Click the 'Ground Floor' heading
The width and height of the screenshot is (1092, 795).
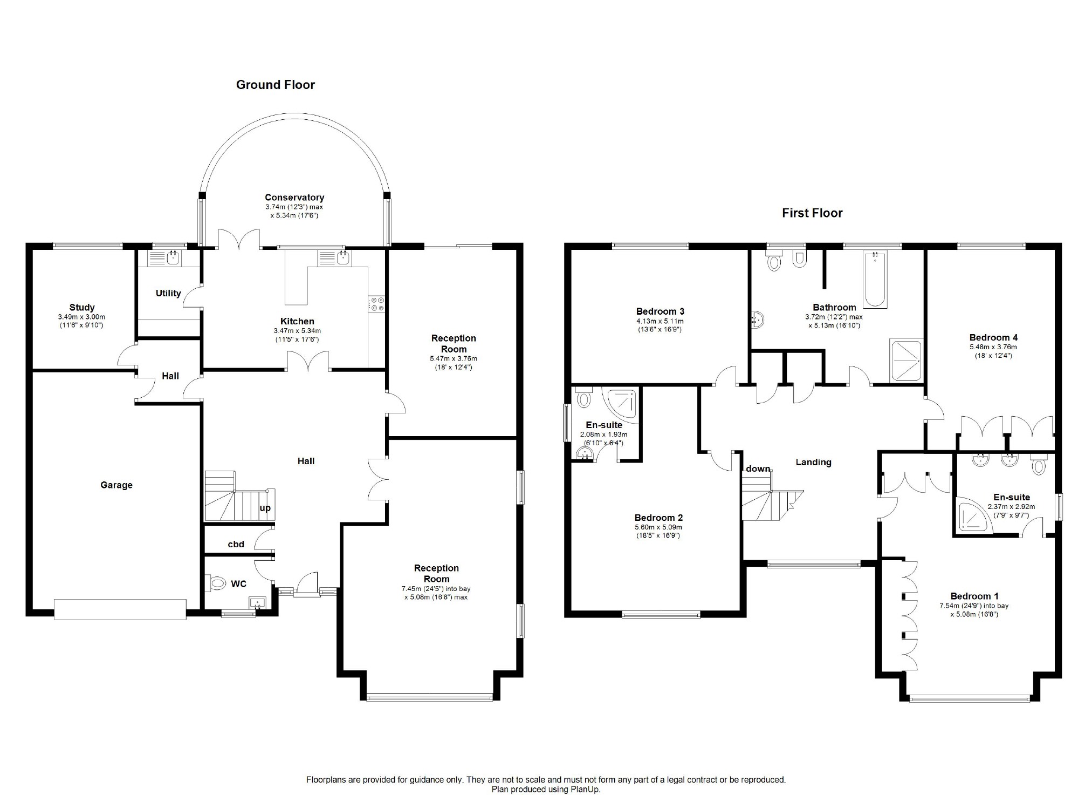tap(275, 85)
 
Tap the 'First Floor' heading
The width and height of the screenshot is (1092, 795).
tap(812, 213)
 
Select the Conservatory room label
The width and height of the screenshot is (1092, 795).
tap(294, 198)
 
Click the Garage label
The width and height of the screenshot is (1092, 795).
tap(116, 485)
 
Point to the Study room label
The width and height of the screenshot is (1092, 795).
tap(82, 308)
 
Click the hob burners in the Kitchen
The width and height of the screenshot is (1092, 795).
tap(377, 304)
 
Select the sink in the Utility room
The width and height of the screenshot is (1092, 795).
tap(168, 258)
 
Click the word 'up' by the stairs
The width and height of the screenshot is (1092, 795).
tap(265, 508)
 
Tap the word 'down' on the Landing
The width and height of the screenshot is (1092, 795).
tap(758, 468)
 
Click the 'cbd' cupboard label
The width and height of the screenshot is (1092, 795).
tap(236, 544)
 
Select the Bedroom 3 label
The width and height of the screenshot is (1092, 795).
tap(660, 311)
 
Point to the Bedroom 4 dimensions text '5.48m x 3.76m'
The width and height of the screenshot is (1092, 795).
tap(993, 347)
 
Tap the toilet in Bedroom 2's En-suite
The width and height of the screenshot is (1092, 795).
tap(583, 397)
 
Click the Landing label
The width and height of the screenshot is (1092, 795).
tap(813, 463)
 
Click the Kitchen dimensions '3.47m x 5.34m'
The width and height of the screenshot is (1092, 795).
tap(297, 331)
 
